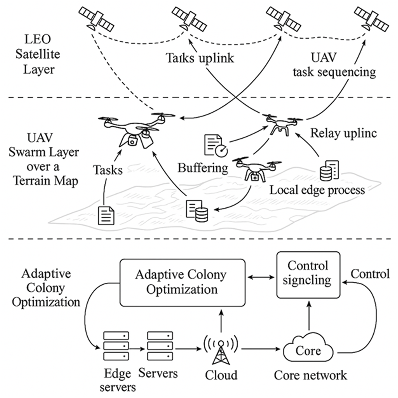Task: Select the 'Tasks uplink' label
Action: pyautogui.click(x=200, y=58)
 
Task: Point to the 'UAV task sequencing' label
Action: pyautogui.click(x=334, y=65)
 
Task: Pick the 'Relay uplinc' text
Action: pyautogui.click(x=343, y=133)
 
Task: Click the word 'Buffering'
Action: pyautogui.click(x=203, y=168)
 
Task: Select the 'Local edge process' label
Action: pyautogui.click(x=317, y=190)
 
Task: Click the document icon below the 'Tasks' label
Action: pyautogui.click(x=106, y=215)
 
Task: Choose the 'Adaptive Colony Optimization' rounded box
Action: pyautogui.click(x=182, y=282)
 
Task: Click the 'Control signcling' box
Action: pyautogui.click(x=308, y=274)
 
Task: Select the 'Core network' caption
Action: pyautogui.click(x=310, y=375)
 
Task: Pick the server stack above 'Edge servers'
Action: pyautogui.click(x=116, y=346)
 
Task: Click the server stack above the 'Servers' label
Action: pyautogui.click(x=160, y=346)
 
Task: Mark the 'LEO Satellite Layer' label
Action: pyautogui.click(x=38, y=54)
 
